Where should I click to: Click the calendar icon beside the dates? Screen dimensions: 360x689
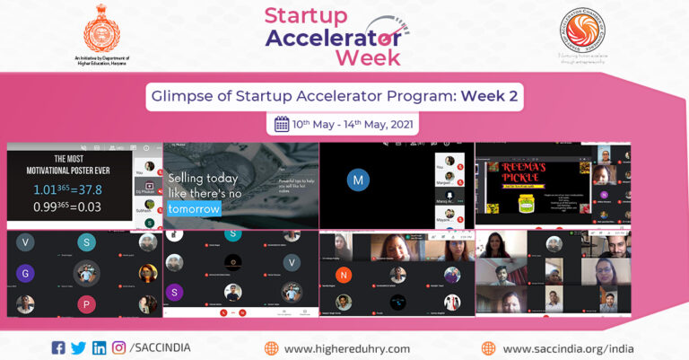(281, 124)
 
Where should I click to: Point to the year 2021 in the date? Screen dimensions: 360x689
(401, 124)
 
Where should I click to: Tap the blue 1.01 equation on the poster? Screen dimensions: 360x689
(68, 189)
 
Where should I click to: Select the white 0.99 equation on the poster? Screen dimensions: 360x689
(67, 208)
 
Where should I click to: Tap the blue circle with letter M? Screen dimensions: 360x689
(359, 180)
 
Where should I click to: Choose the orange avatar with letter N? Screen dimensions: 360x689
(344, 275)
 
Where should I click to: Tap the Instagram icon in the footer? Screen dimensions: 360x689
(118, 347)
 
